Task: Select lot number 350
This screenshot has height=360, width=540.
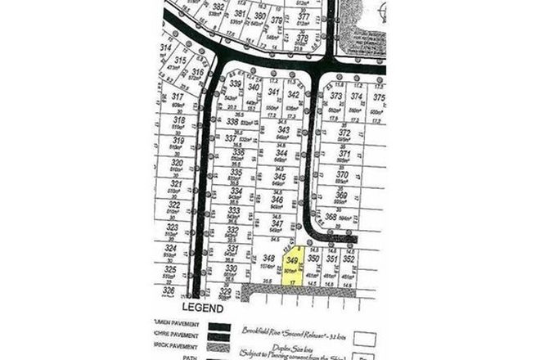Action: click(x=313, y=258)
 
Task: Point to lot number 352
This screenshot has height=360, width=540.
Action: click(x=349, y=259)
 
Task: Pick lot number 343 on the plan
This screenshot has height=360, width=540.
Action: click(x=283, y=130)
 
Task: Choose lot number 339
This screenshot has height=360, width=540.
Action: click(x=236, y=84)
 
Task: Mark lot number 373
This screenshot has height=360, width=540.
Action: click(x=336, y=96)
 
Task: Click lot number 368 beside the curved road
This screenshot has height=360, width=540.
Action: click(x=331, y=217)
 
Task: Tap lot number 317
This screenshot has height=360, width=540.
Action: click(x=179, y=97)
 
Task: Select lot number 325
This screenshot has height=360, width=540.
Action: click(x=171, y=269)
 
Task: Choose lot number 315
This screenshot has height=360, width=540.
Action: click(x=181, y=61)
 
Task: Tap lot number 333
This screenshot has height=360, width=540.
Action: click(x=234, y=210)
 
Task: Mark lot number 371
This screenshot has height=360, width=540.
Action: click(x=344, y=154)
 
